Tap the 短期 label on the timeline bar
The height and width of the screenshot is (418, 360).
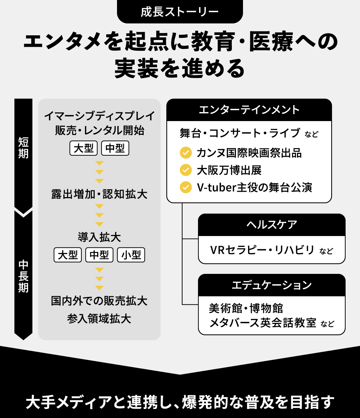click(x=23, y=148)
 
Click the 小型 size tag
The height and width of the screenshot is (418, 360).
click(x=131, y=255)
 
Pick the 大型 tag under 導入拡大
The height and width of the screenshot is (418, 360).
click(x=68, y=255)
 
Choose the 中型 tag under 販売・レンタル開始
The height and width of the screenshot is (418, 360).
click(x=115, y=148)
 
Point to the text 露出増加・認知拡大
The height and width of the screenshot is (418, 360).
click(x=99, y=195)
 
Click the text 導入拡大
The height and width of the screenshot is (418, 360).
click(x=99, y=237)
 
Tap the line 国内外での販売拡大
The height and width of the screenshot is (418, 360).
click(x=99, y=301)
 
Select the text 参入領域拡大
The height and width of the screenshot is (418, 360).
click(x=99, y=319)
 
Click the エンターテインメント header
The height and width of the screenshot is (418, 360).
click(x=249, y=110)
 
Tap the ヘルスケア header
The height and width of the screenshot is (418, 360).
click(x=272, y=225)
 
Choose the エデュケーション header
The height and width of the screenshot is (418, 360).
click(x=272, y=285)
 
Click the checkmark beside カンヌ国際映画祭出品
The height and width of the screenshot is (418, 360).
click(x=186, y=153)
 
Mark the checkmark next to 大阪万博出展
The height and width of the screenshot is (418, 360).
click(x=186, y=170)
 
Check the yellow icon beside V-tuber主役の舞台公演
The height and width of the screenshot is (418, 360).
click(x=186, y=187)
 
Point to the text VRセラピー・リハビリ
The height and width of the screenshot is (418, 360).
click(x=262, y=250)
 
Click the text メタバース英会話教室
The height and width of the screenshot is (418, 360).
click(x=263, y=323)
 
